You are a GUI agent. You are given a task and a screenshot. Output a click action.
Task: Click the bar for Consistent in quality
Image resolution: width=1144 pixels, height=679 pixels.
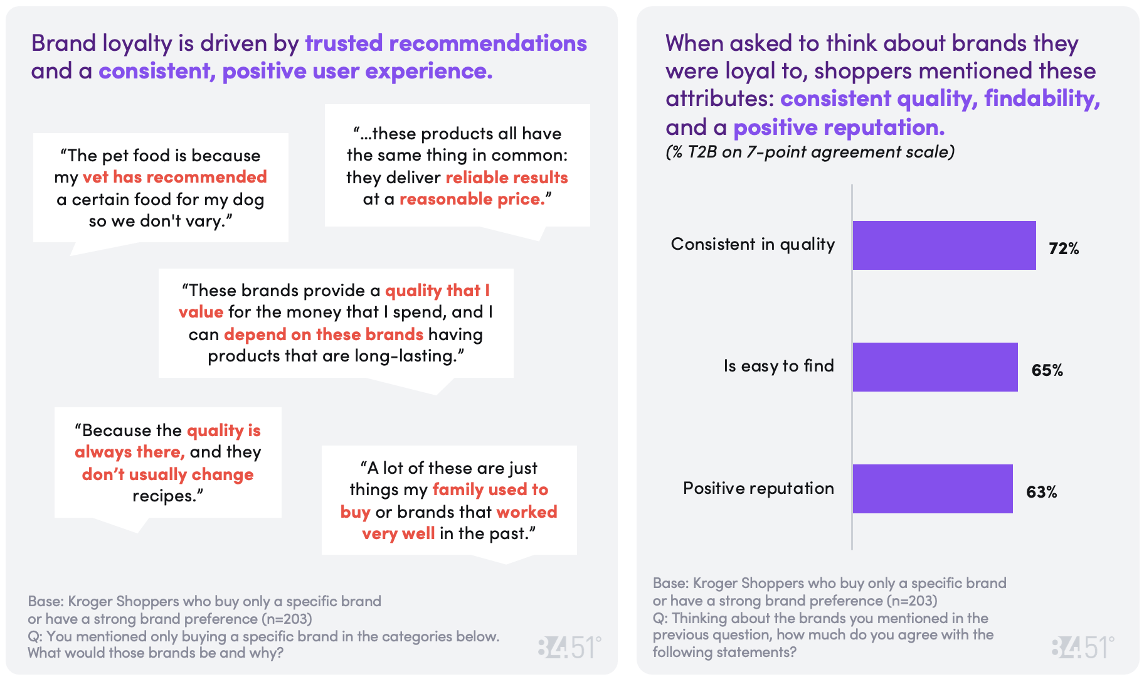coord(944,245)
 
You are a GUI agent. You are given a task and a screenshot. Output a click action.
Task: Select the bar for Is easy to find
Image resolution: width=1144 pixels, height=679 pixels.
coord(935,367)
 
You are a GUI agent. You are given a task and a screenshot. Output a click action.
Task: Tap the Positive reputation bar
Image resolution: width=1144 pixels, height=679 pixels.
coord(933,489)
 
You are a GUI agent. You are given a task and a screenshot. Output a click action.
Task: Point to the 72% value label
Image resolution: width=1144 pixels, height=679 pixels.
coord(1064,249)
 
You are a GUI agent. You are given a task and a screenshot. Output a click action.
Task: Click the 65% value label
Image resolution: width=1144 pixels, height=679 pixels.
coord(1047,371)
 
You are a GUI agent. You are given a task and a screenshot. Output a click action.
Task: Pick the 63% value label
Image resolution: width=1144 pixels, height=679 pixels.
coord(1041,493)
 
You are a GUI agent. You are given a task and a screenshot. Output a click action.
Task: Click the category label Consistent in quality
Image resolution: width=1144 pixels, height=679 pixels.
coord(753,244)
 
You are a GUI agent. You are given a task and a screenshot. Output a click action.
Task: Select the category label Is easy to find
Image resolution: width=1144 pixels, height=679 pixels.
coord(778,366)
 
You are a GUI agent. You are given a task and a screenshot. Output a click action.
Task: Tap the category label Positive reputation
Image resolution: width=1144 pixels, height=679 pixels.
coord(758,488)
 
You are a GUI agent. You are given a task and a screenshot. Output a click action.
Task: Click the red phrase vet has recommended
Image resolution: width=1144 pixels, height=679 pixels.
coord(174,178)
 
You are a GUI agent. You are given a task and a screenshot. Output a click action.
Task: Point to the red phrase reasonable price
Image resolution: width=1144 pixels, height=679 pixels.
coord(472,200)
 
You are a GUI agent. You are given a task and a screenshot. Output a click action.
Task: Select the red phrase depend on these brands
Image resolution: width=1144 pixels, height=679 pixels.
coord(324,334)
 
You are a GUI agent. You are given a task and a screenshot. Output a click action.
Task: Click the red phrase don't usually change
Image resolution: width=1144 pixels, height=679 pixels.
coord(167,474)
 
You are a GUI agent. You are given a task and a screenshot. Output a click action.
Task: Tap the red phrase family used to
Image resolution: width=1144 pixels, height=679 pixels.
coord(490,490)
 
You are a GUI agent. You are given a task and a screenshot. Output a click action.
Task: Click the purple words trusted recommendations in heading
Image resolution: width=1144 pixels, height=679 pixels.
coord(446,43)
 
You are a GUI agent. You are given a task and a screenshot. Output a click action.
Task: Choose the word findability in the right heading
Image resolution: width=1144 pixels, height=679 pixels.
coord(1042,99)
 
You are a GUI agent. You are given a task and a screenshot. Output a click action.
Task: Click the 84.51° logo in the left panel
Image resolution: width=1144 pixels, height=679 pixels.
coord(569,648)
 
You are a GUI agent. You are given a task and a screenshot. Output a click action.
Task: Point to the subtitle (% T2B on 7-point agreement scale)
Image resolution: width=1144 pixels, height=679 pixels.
coord(810,152)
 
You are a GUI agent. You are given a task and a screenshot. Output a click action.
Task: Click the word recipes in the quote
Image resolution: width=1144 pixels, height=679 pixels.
coord(164,496)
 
